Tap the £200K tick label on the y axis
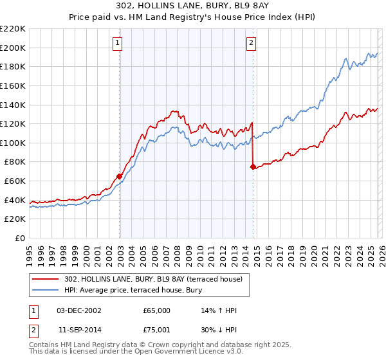[x=13, y=48]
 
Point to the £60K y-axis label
[x=15, y=181]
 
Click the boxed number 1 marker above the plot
[x=118, y=43]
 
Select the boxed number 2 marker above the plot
[x=252, y=43]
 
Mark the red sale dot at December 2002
[x=120, y=176]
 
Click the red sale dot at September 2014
[x=253, y=166]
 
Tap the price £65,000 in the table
[x=156, y=310]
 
